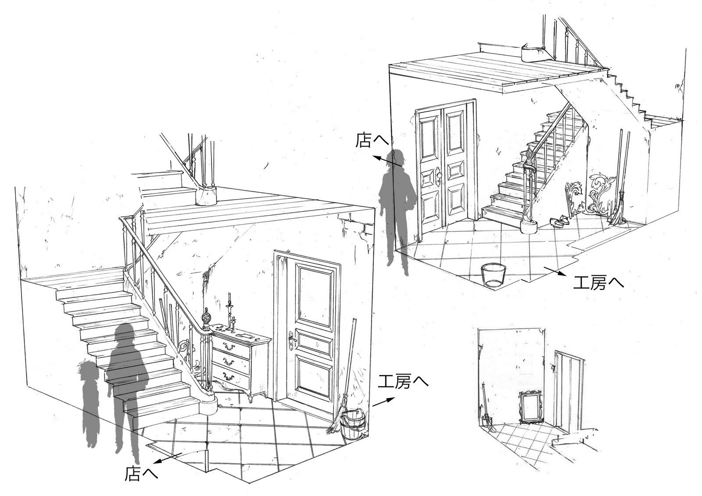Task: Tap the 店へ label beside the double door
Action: (x=372, y=141)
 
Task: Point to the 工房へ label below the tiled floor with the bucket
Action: (x=598, y=283)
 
